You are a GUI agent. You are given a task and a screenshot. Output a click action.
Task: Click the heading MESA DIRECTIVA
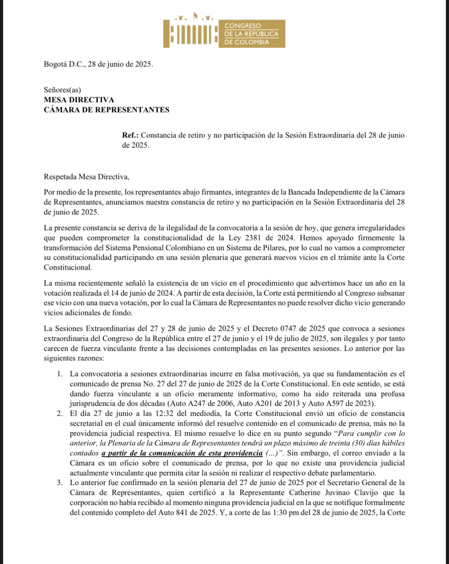pyautogui.click(x=79, y=100)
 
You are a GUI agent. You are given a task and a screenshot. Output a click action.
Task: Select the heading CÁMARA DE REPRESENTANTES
pyautogui.click(x=106, y=110)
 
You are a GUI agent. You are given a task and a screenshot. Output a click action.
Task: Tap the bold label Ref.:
pyautogui.click(x=131, y=136)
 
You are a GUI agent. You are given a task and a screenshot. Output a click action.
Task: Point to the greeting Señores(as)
pyautogui.click(x=62, y=90)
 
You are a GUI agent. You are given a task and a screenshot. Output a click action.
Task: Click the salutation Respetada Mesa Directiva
pyautogui.click(x=86, y=177)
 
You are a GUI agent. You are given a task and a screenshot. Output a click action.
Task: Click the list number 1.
pyautogui.click(x=59, y=374)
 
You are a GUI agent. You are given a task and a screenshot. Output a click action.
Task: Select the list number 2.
pyautogui.click(x=59, y=414)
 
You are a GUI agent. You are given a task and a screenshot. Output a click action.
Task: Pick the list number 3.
pyautogui.click(x=59, y=483)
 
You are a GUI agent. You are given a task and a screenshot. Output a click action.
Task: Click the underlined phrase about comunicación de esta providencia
pyautogui.click(x=182, y=453)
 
